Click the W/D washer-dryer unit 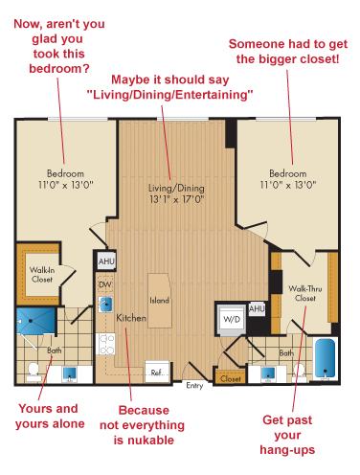pos(232,319)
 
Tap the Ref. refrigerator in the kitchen pos(157,372)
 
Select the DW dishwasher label pos(105,284)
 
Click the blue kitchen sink pos(105,305)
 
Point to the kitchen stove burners pos(105,344)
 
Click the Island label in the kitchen pos(159,300)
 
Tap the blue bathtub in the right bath pos(326,358)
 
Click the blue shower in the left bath pos(36,321)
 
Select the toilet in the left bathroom pos(34,373)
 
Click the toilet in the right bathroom pos(300,373)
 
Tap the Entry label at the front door pos(194,386)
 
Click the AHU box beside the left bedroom pos(106,261)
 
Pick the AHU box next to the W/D pos(257,309)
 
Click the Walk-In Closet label pos(42,275)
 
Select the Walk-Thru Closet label pos(305,293)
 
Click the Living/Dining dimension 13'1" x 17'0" pos(177,199)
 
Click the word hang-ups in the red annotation pos(287,450)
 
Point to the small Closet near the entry pos(231,378)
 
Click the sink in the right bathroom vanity pos(268,373)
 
